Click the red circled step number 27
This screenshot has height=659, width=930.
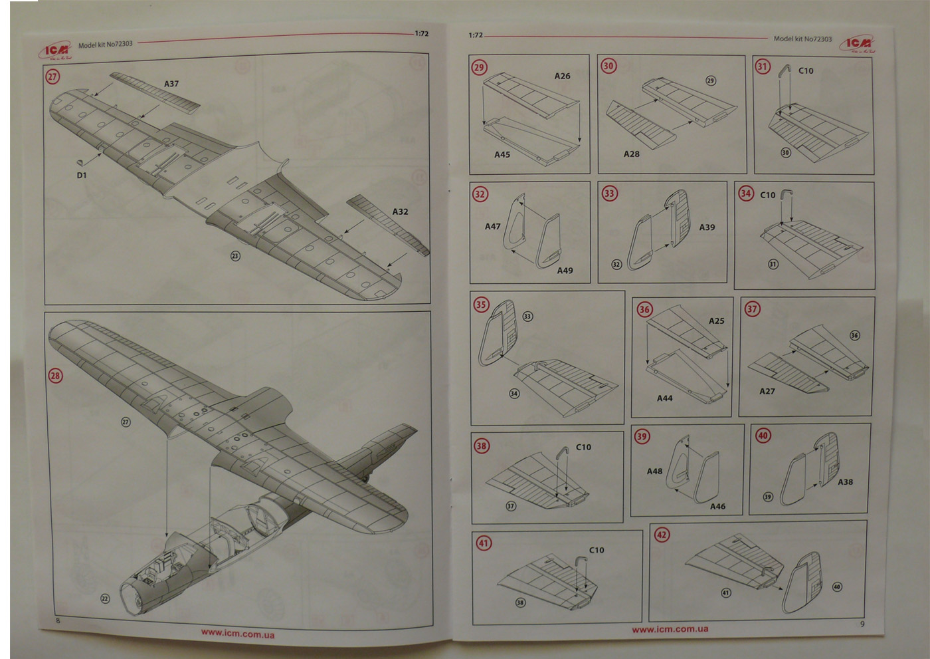coord(52,76)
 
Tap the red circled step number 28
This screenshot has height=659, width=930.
coord(55,376)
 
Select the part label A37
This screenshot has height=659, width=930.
coord(171,84)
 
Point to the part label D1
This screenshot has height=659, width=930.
coord(82,176)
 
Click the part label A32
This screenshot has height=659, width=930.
coord(400,211)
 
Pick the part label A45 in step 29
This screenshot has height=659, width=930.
coord(502,154)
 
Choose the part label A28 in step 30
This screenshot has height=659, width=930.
coord(631,154)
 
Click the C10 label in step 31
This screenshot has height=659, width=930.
coord(806,70)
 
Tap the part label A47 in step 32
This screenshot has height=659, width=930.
coord(492,227)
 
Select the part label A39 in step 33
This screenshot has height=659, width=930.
coord(707,227)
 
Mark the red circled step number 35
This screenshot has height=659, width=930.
coord(481,305)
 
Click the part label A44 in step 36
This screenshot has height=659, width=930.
coord(664,398)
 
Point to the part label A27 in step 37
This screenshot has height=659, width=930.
coord(767,391)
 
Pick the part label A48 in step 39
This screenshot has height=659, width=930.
coord(654,471)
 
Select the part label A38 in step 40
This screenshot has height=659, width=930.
coord(845,482)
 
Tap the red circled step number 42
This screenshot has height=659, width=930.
coord(662,535)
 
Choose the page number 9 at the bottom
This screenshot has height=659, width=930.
coord(862,624)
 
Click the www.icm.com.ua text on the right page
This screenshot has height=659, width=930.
coord(670,629)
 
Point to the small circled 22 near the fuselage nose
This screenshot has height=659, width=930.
coord(104,599)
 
